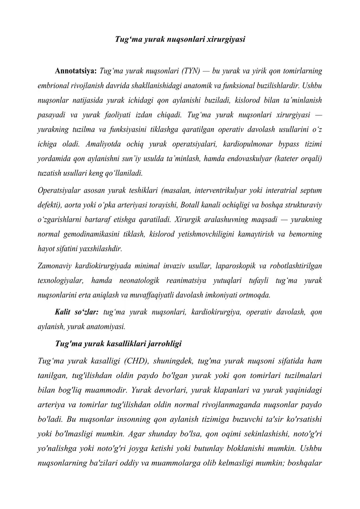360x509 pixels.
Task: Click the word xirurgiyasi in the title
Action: pyautogui.click(x=226, y=39)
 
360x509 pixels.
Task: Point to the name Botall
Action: pyautogui.click(x=189, y=205)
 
